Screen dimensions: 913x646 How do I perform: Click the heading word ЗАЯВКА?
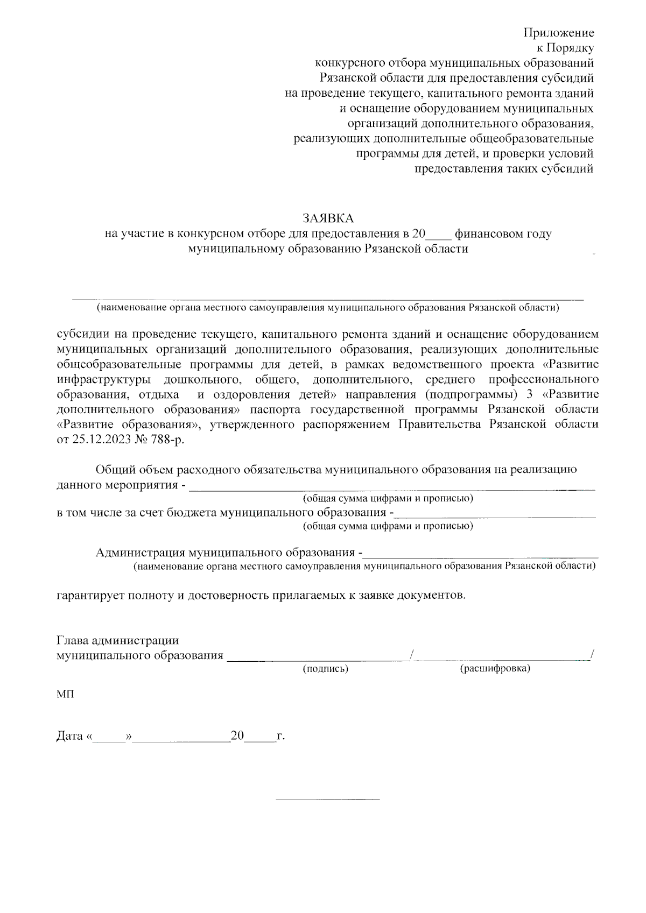pyautogui.click(x=328, y=218)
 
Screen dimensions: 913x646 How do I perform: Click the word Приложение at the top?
pyautogui.click(x=559, y=33)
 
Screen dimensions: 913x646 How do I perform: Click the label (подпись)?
pyautogui.click(x=325, y=669)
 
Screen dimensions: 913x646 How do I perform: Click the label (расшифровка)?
pyautogui.click(x=495, y=669)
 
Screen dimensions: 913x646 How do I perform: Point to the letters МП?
pyautogui.click(x=65, y=695)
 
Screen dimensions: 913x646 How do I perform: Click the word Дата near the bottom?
pyautogui.click(x=69, y=736)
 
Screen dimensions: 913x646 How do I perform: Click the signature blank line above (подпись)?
pyautogui.click(x=318, y=657)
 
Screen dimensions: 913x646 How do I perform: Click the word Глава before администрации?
pyautogui.click(x=73, y=641)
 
